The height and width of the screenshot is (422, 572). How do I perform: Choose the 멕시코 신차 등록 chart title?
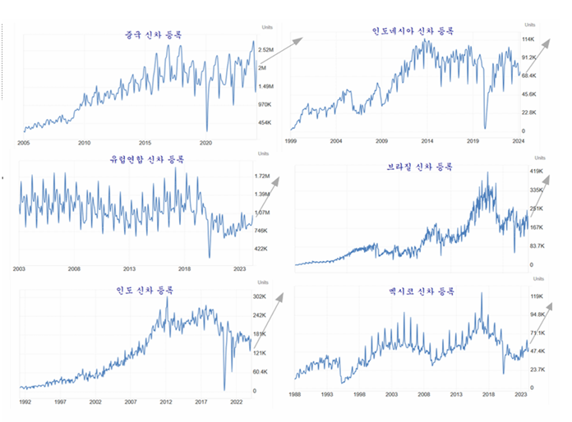422,291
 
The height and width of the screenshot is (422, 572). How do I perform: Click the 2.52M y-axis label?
266,50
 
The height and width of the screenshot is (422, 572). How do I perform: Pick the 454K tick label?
265,123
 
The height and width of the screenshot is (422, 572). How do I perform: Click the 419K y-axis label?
537,171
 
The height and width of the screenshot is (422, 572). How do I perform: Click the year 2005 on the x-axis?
25,142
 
